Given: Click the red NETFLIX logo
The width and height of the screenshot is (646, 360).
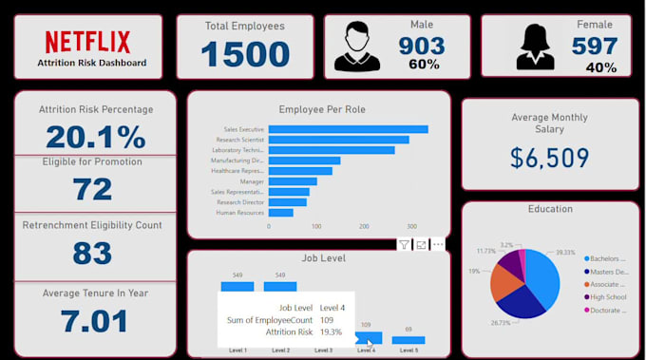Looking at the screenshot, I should tap(87, 41).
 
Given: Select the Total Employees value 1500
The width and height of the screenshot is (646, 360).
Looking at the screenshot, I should tap(244, 54).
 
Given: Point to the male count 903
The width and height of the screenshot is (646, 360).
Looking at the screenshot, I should tap(422, 45).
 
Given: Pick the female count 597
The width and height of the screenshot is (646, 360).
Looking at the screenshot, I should tap(595, 45).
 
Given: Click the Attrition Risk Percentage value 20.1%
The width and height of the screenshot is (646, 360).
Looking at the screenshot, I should tap(95, 137).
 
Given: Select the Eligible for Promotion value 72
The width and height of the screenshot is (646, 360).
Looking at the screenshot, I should tap(92, 189).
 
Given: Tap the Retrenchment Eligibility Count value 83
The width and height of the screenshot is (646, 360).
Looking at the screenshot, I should tap(92, 253).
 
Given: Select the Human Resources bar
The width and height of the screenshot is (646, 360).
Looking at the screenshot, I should tap(281, 213).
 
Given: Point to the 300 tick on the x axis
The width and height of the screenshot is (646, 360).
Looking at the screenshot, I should tap(411, 227).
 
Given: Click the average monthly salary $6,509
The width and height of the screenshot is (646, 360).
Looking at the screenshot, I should tap(550, 158).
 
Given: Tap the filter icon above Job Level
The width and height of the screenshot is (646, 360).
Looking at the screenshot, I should tap(404, 245).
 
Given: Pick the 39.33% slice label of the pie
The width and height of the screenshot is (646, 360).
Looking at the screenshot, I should tap(566, 253).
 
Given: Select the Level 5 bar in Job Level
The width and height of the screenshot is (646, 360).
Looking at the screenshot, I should tap(408, 339).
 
